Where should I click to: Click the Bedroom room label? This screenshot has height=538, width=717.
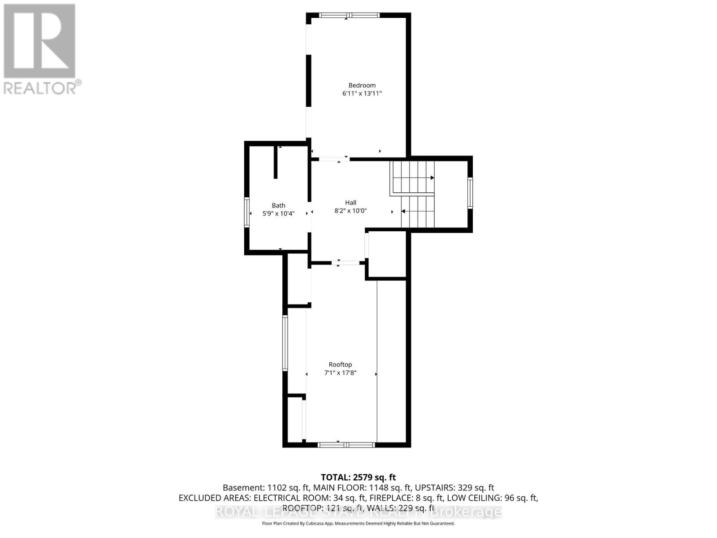362,85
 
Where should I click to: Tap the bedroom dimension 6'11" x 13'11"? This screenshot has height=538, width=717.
362,94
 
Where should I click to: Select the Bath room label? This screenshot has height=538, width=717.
278,205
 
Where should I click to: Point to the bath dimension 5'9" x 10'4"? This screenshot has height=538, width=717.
278,214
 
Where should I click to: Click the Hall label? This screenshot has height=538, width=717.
350,203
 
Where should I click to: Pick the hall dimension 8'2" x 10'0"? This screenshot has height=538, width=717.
350,211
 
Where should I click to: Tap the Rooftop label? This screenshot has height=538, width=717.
340,364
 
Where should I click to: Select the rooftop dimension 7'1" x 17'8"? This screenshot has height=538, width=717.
340,373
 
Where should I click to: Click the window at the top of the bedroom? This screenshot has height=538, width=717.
350,15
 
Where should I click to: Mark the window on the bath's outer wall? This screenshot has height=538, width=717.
246,213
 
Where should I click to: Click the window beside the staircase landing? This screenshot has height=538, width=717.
470,193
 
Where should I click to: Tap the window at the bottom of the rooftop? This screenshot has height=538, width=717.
346,445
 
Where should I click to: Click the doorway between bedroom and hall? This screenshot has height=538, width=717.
334,159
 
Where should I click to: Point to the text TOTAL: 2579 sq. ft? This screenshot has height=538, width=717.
358,477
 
